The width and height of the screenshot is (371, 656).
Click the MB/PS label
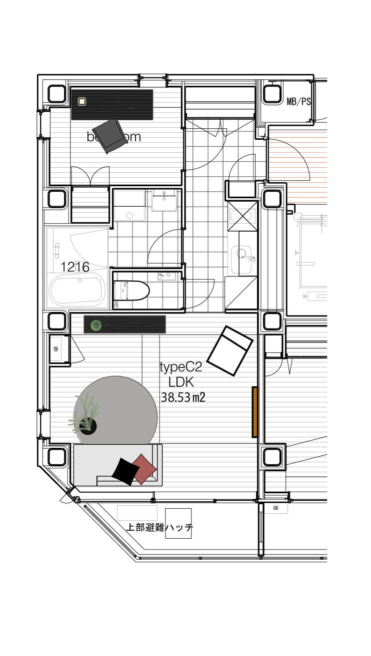(x=298, y=102)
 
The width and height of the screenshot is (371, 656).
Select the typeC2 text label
(x=180, y=367)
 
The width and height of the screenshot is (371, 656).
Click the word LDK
(x=180, y=382)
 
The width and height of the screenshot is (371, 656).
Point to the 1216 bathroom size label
(x=75, y=267)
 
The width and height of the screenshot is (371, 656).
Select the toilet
(x=132, y=290)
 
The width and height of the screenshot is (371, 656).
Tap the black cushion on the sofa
(x=125, y=471)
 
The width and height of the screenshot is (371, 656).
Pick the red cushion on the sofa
(x=143, y=468)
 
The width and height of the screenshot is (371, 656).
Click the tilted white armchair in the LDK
(x=230, y=350)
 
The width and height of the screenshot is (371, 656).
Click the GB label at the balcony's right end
(x=275, y=508)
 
